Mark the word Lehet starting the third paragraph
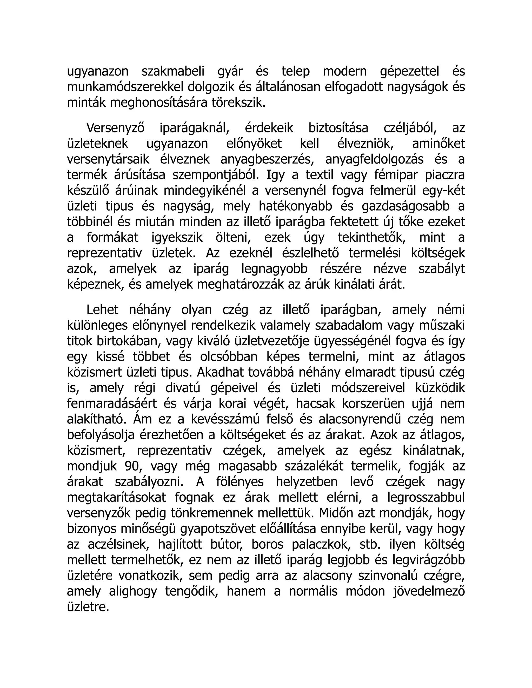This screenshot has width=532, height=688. (x=102, y=310)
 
